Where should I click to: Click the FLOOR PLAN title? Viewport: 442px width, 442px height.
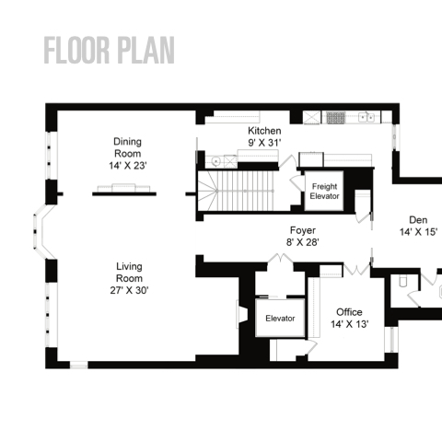[x=110, y=50]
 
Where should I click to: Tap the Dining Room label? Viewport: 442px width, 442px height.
[x=127, y=147]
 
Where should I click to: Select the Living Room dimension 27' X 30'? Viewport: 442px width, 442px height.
[x=129, y=290]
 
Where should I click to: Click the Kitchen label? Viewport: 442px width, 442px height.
[x=264, y=131]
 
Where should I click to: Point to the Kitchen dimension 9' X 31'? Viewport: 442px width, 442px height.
[x=264, y=143]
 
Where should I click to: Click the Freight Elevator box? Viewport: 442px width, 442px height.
[x=324, y=191]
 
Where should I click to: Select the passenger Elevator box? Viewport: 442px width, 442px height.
[x=280, y=319]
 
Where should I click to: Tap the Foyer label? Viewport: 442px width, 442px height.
[x=303, y=230]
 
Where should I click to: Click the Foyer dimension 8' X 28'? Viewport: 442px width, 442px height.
[x=303, y=242]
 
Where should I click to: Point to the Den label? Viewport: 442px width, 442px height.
[x=418, y=220]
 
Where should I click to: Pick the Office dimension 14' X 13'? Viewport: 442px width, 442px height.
[x=350, y=324]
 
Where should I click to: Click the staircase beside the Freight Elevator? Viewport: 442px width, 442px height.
[x=236, y=191]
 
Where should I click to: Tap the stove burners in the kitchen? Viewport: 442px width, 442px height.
[x=335, y=118]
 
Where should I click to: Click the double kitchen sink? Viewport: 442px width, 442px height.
[x=366, y=117]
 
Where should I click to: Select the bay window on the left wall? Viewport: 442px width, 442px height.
[x=42, y=232]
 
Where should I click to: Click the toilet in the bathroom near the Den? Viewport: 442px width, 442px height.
[x=402, y=281]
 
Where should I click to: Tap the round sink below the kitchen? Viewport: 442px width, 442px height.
[x=216, y=161]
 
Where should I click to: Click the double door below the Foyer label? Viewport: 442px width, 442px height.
[x=281, y=259]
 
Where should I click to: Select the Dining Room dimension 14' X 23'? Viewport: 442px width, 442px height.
[x=128, y=166]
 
